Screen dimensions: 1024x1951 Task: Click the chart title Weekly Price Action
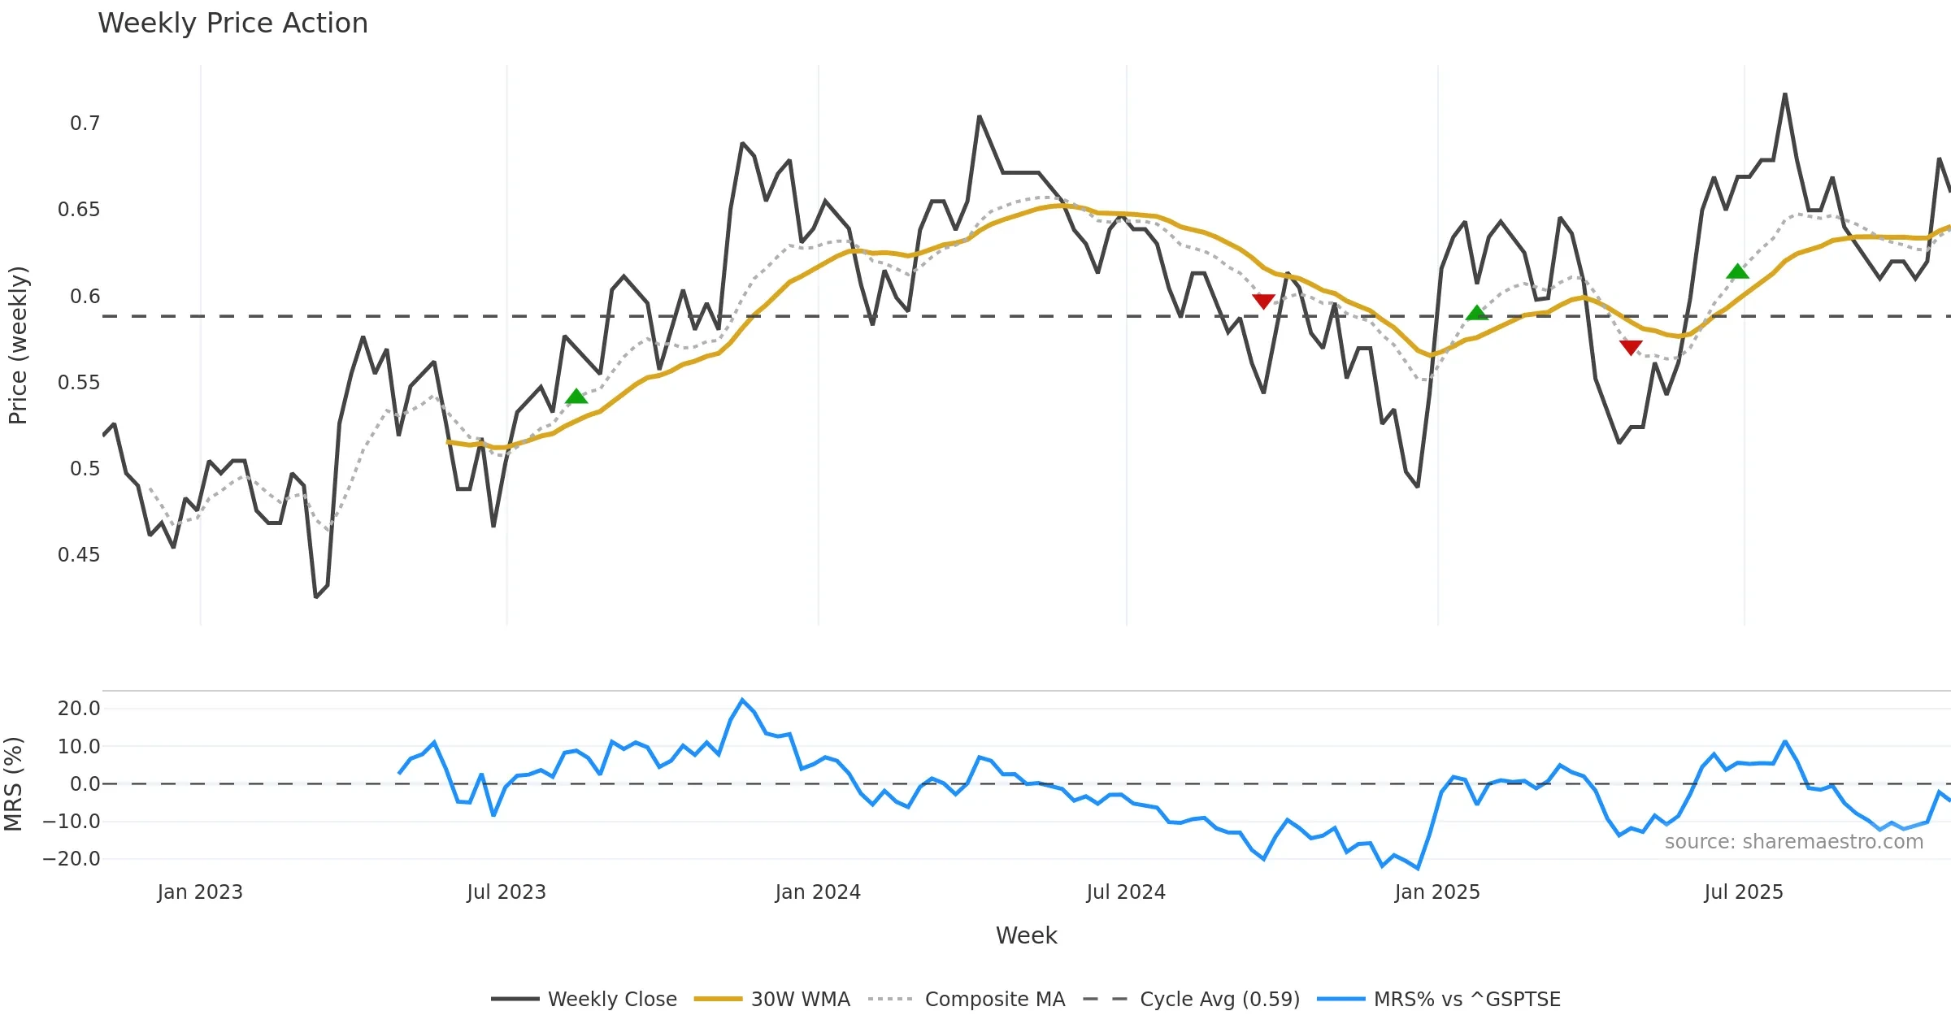232,24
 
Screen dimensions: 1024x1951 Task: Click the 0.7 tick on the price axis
85,124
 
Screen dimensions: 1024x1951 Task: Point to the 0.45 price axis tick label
79,555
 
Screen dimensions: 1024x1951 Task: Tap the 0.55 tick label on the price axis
79,383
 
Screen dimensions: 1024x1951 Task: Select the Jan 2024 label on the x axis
817,892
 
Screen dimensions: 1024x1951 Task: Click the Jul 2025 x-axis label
1743,892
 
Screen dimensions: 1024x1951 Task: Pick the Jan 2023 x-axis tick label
200,892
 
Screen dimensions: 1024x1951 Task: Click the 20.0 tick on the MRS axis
79,709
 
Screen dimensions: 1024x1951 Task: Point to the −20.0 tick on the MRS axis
72,859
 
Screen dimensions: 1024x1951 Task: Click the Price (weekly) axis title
18,345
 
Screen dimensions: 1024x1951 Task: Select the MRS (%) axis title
14,783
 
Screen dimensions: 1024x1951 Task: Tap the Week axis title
1026,936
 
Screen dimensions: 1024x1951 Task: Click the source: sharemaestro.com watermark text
1793,842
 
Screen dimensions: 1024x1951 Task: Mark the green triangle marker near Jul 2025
1737,271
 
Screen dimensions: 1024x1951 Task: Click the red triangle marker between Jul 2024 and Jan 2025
1263,302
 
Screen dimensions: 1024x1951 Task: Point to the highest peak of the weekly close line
1785,95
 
